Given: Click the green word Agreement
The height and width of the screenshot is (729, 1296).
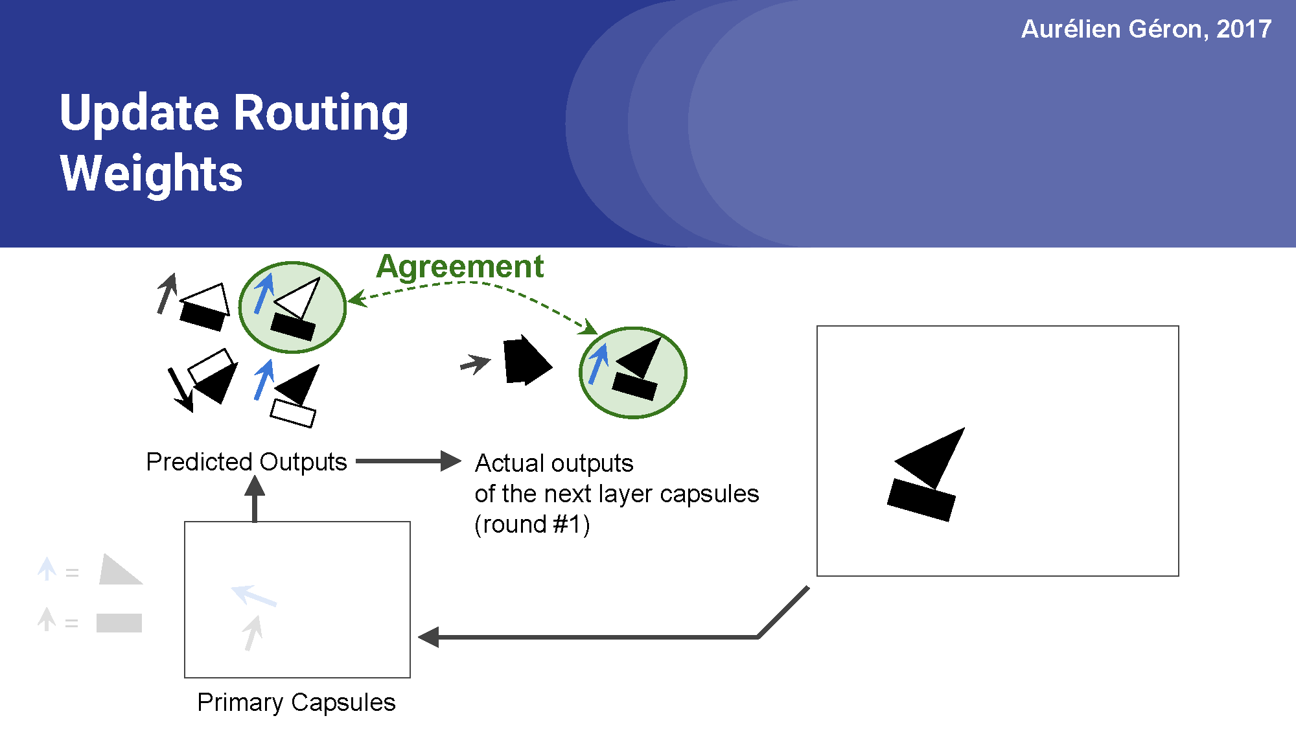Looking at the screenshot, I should pos(459,267).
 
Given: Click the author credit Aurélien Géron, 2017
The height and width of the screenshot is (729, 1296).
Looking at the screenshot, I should pos(1146,29).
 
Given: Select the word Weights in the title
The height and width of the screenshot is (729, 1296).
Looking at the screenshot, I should pos(151,174).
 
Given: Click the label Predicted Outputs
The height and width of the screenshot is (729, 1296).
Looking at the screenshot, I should pos(246,462).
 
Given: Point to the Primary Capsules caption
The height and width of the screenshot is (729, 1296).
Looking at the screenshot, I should pos(296,702).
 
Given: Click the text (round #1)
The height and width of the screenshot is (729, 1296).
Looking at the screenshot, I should pos(532,524).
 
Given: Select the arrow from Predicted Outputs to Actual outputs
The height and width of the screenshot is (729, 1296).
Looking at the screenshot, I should pos(408,461).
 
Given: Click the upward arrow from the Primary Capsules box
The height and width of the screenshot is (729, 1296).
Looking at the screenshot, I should pos(255,499).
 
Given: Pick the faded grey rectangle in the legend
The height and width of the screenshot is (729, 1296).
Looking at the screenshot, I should pos(119,623).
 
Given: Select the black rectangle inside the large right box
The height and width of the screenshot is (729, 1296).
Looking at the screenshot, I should pos(921,499).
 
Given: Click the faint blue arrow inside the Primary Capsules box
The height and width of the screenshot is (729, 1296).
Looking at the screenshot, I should pos(253,595).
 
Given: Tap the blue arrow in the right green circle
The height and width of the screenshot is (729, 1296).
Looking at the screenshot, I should pos(598,364).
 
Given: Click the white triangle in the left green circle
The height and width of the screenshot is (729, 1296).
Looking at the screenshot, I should pos(299,297).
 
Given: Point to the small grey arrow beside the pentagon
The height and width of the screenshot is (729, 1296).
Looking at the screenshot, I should pos(475,364).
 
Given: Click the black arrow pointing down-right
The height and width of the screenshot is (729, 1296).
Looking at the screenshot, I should pos(181,389).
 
